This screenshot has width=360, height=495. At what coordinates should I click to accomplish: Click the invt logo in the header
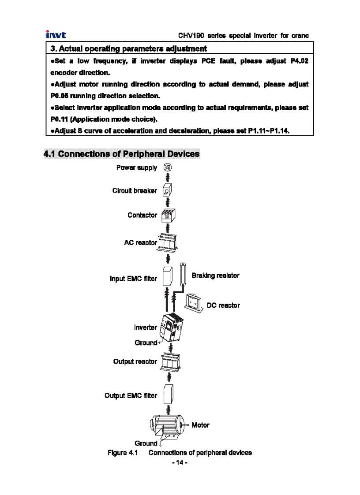56,35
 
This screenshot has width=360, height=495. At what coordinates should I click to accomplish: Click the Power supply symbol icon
168,167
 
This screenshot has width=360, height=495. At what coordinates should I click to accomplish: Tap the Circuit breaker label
135,191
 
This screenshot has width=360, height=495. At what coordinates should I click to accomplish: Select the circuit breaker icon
167,191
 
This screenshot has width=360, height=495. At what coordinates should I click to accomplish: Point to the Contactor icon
168,215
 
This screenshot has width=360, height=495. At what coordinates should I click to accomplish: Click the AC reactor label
140,242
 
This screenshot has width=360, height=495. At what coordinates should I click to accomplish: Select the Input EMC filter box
167,276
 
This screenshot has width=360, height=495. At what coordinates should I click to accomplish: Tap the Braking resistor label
215,275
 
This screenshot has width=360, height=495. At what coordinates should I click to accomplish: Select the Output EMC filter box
167,395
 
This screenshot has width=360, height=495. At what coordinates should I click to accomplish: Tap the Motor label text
200,425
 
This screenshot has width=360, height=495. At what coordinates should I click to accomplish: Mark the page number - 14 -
180,462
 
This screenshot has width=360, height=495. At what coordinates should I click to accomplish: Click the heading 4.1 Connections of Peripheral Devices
121,154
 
